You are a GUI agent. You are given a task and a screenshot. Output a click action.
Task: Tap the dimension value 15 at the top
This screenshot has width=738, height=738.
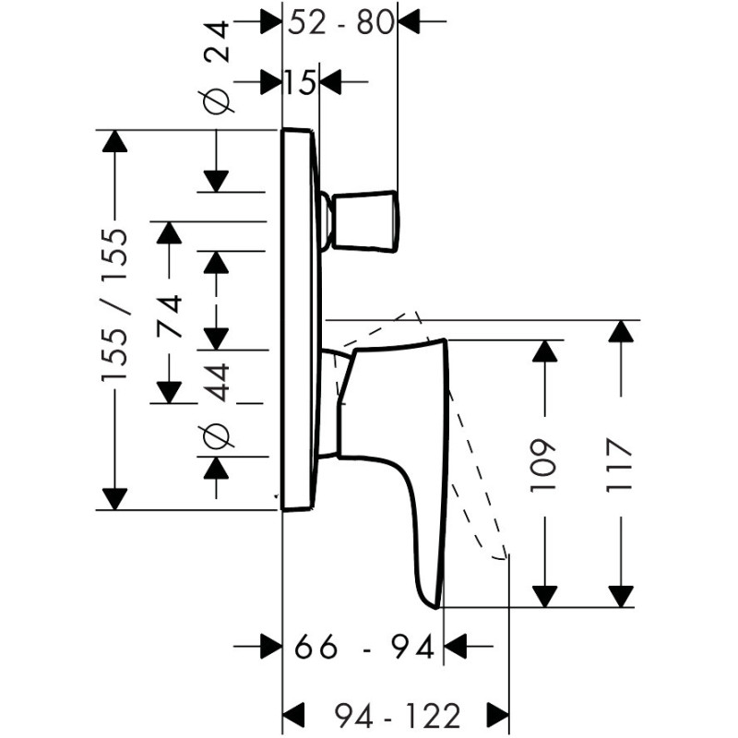tap(300, 83)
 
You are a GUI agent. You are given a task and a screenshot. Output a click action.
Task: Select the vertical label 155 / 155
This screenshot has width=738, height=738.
tap(114, 305)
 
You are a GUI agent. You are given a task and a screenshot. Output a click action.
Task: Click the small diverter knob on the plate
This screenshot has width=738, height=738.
tap(365, 221)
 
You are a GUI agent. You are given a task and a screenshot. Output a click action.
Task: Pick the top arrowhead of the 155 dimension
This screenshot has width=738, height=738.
tap(114, 141)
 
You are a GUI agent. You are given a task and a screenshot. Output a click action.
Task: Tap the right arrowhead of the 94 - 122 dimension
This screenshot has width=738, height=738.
tap(498, 715)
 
